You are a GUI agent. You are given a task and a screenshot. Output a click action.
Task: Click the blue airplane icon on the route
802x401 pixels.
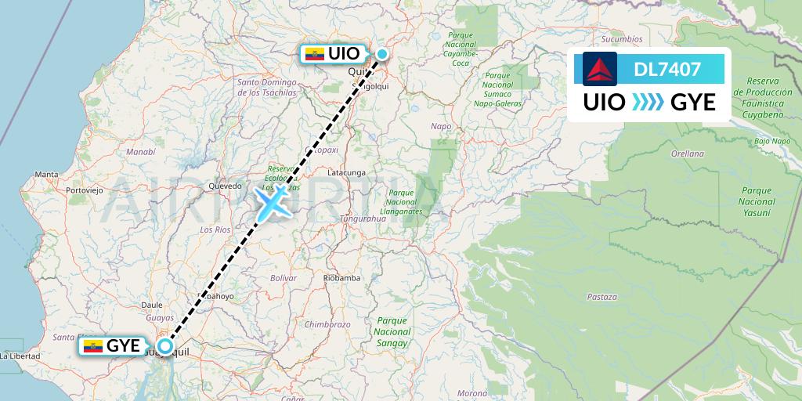point(270,203)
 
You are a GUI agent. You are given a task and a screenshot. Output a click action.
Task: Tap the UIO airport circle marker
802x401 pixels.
point(382,53)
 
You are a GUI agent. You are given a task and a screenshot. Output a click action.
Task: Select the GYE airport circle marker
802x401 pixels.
point(165,345)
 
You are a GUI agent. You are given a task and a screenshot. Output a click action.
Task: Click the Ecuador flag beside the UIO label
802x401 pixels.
point(314,54)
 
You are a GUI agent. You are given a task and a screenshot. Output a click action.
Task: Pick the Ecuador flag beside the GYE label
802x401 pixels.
point(93,345)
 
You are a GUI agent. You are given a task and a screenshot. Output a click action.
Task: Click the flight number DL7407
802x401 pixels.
point(667,70)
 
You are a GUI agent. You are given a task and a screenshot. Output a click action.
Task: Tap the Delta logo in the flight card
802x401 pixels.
point(600,69)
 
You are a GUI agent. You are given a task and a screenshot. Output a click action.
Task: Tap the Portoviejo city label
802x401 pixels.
point(85,190)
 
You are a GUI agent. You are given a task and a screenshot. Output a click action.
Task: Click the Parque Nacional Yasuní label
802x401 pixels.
point(756,201)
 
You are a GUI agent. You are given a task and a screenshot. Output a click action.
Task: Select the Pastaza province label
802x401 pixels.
point(601,297)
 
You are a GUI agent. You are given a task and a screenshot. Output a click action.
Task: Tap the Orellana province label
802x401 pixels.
point(688,154)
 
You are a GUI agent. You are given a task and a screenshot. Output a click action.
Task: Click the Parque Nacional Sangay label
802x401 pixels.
point(392,331)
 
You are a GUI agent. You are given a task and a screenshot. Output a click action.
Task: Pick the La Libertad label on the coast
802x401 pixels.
point(20,356)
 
